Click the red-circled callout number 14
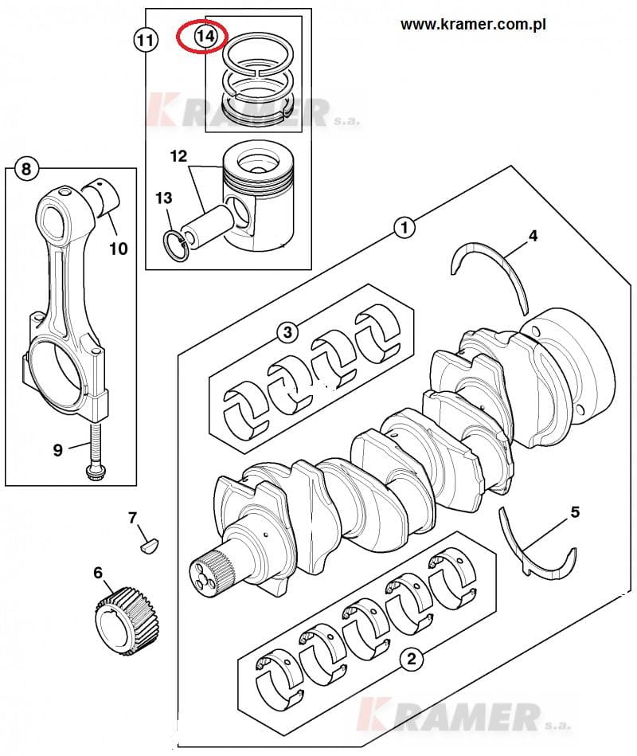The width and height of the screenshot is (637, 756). [205, 36]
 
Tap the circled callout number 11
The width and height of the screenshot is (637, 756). [145, 40]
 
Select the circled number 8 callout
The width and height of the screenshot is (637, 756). [26, 169]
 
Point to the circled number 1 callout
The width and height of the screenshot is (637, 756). [404, 228]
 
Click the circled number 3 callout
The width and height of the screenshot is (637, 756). [287, 331]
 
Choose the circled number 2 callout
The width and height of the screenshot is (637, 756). [411, 658]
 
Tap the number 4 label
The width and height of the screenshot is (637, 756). [533, 236]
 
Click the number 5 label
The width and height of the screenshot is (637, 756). [575, 512]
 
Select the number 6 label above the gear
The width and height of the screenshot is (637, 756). [98, 572]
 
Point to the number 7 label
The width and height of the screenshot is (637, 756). [132, 518]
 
